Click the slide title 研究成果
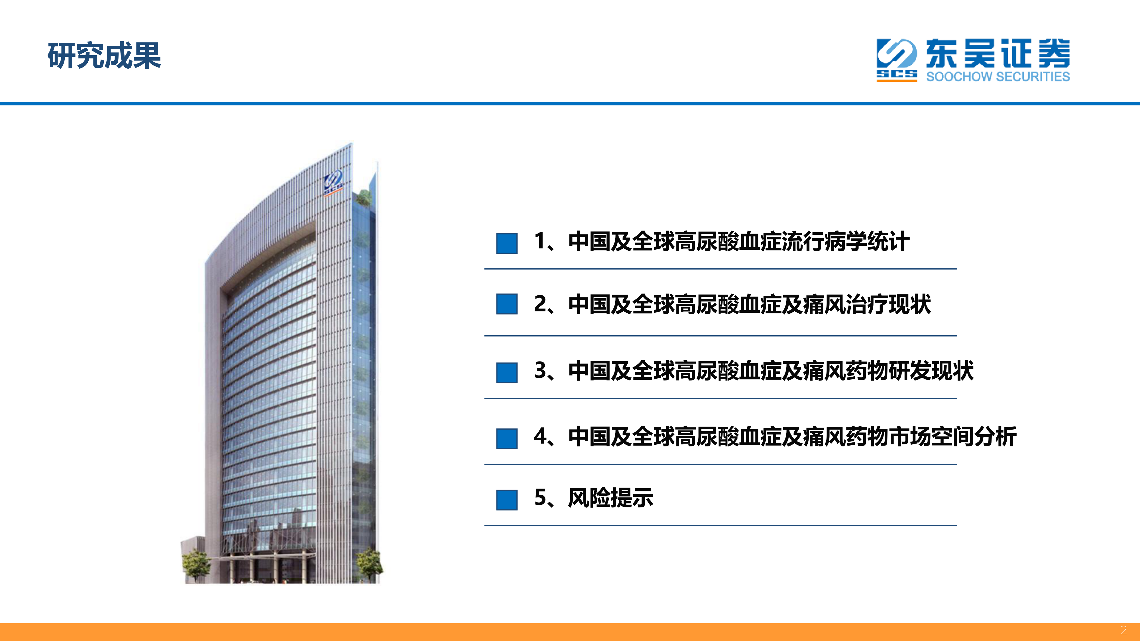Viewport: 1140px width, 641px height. [x=104, y=56]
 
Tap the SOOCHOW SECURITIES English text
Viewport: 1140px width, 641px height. [x=998, y=77]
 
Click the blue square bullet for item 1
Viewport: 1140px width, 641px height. [x=507, y=243]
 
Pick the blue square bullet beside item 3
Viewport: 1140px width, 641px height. [x=507, y=372]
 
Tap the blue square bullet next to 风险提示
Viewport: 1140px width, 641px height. [x=507, y=500]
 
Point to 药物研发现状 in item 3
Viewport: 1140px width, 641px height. [x=910, y=371]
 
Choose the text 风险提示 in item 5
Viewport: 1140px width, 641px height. [x=611, y=498]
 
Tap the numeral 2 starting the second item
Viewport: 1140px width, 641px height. [x=541, y=304]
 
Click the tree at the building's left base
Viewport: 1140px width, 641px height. [x=195, y=564]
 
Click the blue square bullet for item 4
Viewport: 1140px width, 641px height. [x=507, y=438]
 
